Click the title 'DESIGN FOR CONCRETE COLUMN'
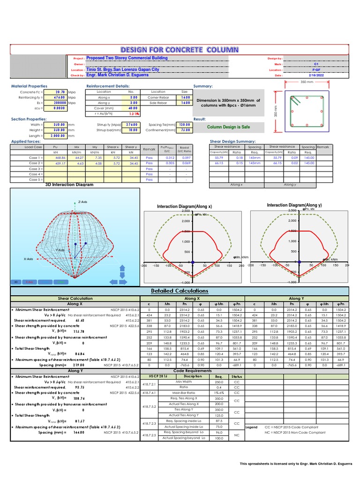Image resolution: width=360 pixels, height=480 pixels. click(x=180, y=49)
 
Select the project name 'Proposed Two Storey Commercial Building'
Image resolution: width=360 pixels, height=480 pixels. click(x=127, y=58)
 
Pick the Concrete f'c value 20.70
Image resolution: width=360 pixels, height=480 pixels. click(x=60, y=92)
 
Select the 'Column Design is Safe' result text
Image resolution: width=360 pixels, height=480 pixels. click(x=228, y=127)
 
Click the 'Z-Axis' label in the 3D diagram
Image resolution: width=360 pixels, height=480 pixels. click(x=82, y=202)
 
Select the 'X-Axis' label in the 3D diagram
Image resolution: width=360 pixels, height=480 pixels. click(x=28, y=259)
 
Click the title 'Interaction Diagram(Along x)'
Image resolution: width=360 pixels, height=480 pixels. click(x=184, y=206)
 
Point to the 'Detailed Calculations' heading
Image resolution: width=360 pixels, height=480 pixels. click(x=180, y=291)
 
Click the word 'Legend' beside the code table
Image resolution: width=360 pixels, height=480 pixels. click(x=252, y=427)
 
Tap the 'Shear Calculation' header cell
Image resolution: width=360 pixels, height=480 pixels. click(x=75, y=299)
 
